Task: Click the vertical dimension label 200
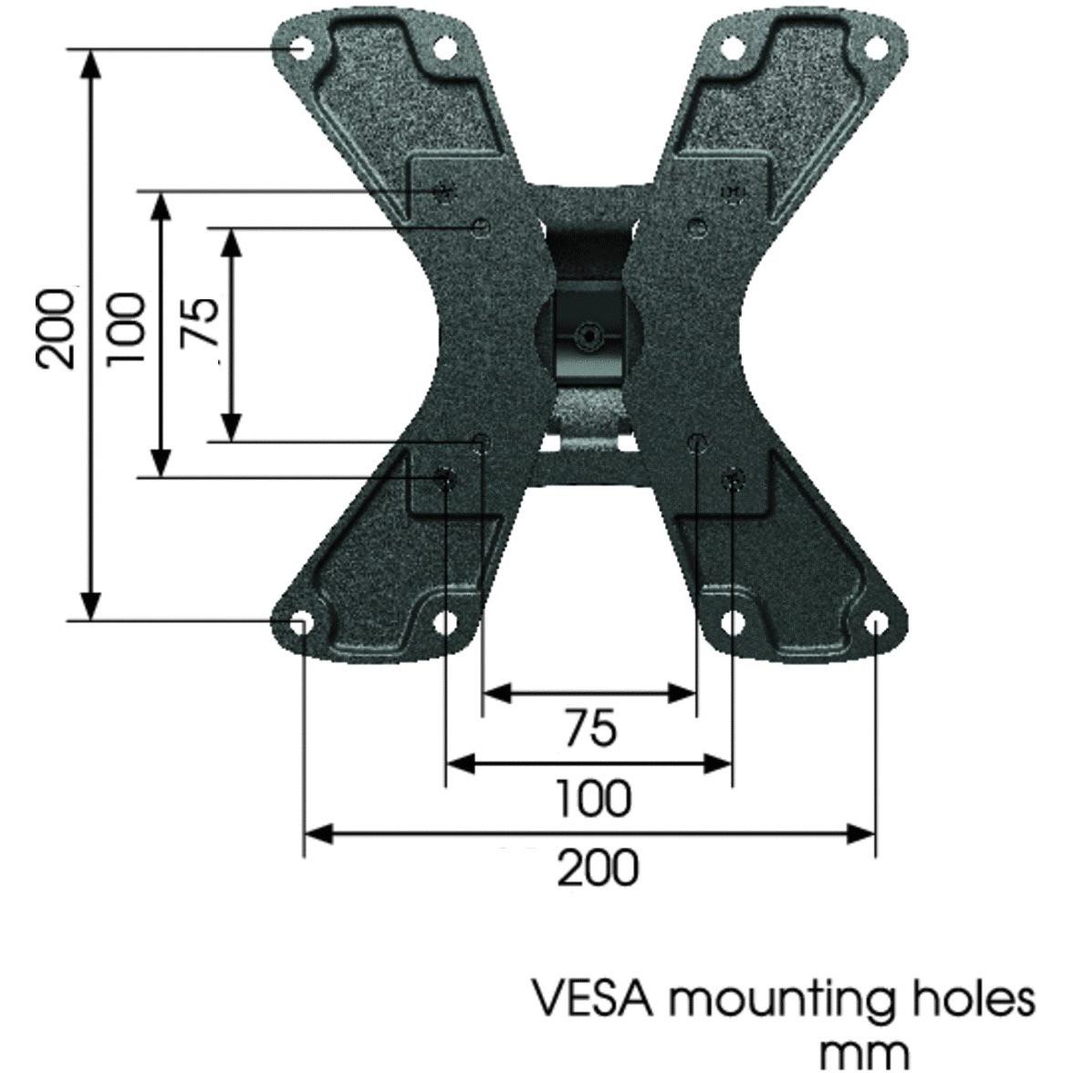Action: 57,328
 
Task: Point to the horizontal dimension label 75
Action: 589,729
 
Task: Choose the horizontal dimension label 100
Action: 593,798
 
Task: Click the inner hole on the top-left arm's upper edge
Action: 444,47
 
